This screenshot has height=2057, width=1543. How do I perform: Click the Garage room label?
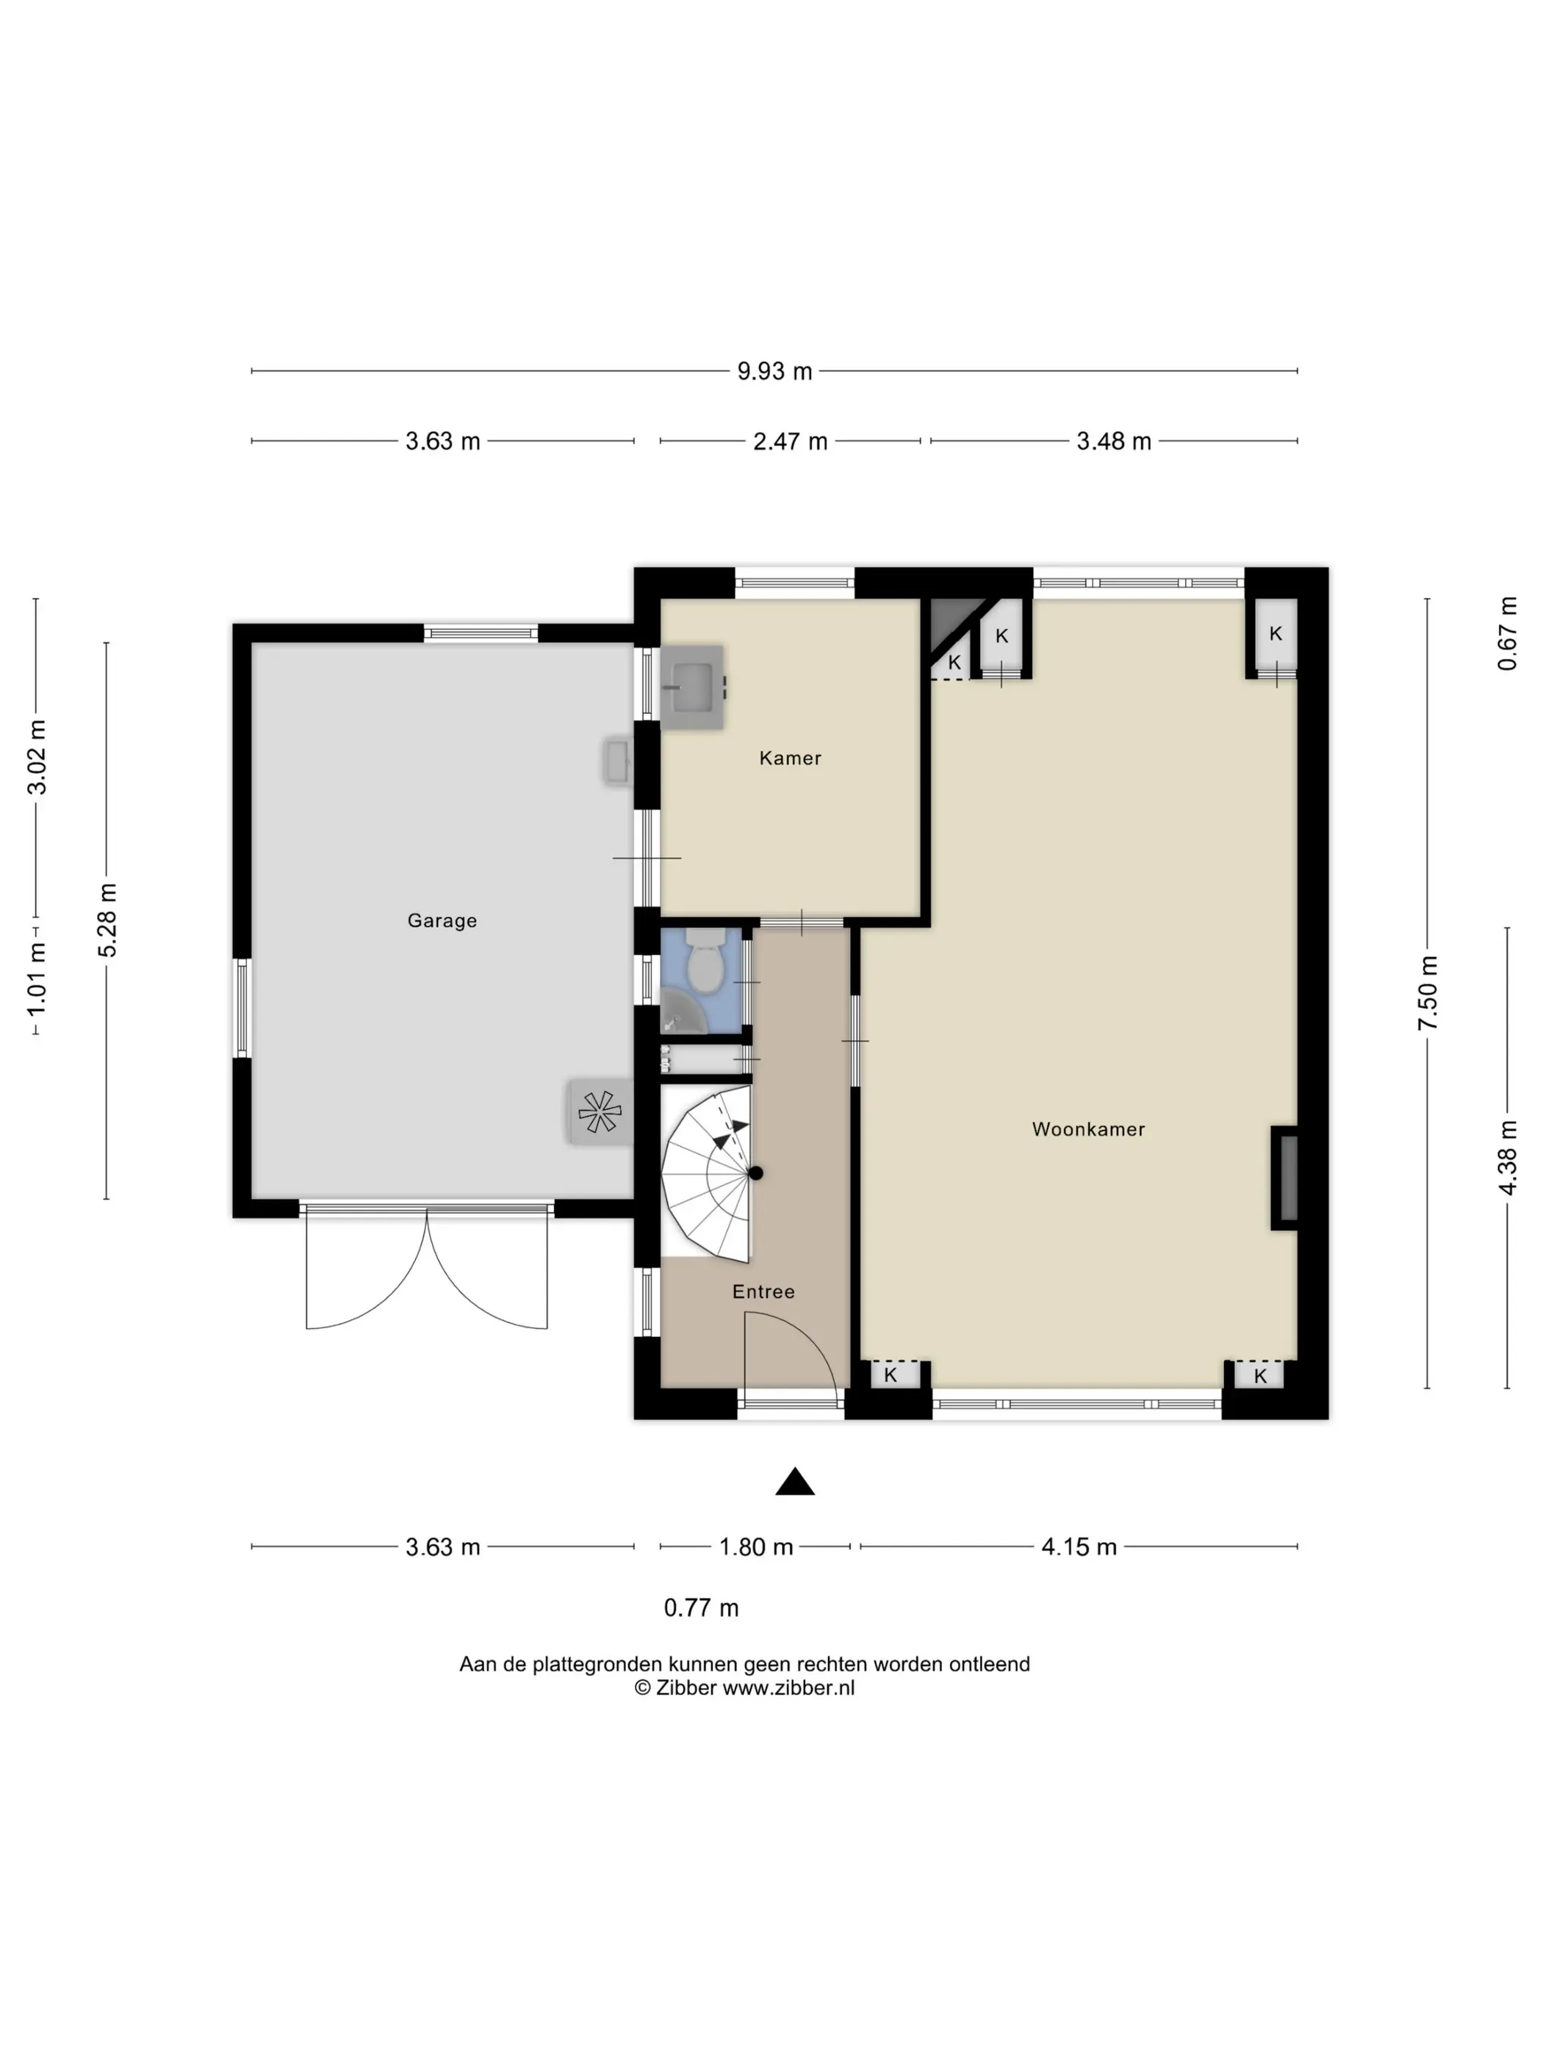(x=442, y=921)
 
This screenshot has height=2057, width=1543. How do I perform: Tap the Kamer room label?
(x=790, y=758)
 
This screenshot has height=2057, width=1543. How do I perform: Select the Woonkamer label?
(x=1088, y=1129)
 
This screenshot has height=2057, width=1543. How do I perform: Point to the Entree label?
(x=763, y=1292)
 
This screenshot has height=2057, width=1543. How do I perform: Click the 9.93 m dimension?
(x=774, y=371)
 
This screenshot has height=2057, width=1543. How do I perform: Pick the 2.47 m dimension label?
(x=790, y=441)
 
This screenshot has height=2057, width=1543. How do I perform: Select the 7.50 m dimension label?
(x=1428, y=993)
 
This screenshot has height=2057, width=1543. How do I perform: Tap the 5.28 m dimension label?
(x=107, y=920)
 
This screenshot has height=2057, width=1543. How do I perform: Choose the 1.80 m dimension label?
(x=755, y=1546)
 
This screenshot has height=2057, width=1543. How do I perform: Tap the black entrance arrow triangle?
(x=795, y=1481)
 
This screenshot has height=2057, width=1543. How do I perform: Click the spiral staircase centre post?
(x=755, y=1173)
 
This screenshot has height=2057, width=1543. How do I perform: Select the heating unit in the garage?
(x=599, y=1112)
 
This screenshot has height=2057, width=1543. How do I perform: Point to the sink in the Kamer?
(x=693, y=687)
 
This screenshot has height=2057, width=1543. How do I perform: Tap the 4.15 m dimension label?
(x=1079, y=1546)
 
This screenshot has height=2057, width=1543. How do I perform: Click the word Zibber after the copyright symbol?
(x=686, y=1687)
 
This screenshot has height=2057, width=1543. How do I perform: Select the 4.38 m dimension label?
(x=1508, y=1158)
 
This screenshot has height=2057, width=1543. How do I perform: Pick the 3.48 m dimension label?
(x=1113, y=441)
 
